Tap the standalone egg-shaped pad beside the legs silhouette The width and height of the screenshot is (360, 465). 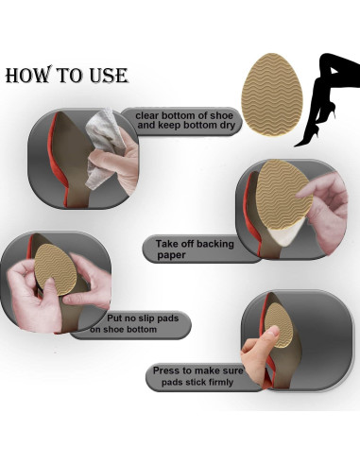tap(272, 95)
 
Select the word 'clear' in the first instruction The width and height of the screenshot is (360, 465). tap(147, 115)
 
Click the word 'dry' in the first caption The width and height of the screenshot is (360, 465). tap(228, 126)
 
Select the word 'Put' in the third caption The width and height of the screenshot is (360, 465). tap(114, 319)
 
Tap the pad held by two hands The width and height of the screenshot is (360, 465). tap(56, 269)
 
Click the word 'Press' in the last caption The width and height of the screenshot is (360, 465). tap(166, 370)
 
